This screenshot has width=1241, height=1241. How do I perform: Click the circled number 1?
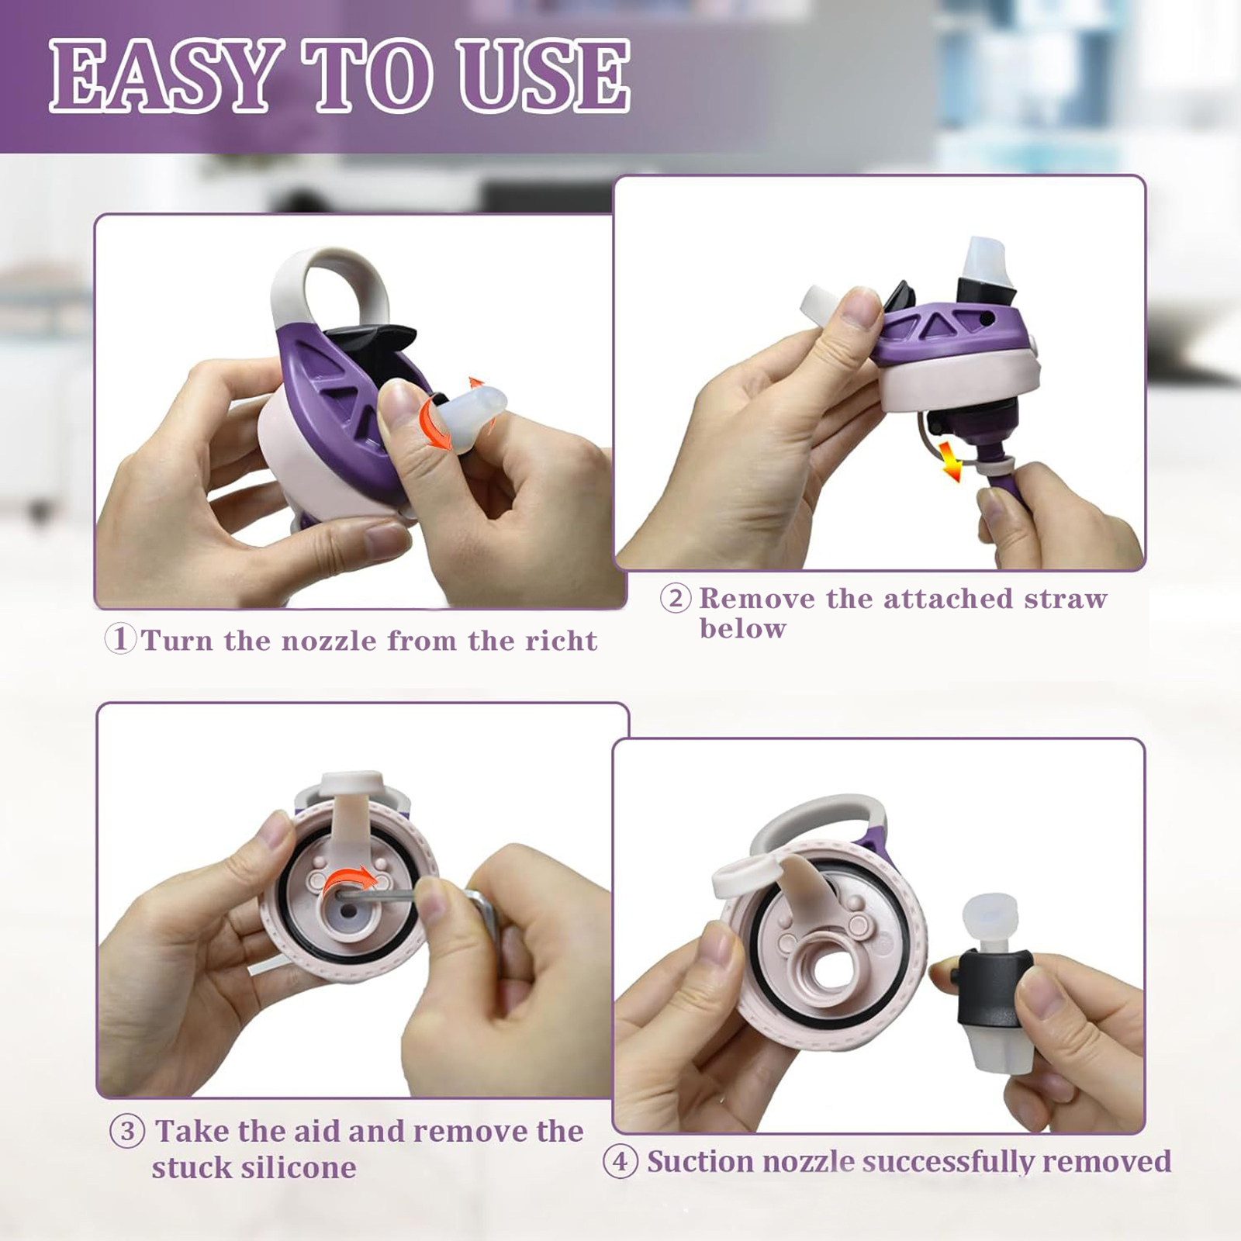[120, 640]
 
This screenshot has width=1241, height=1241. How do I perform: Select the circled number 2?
[676, 599]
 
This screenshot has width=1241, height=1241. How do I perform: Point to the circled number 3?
[127, 1132]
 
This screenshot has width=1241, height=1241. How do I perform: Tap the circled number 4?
[620, 1162]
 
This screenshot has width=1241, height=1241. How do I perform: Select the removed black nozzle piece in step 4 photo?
[995, 985]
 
